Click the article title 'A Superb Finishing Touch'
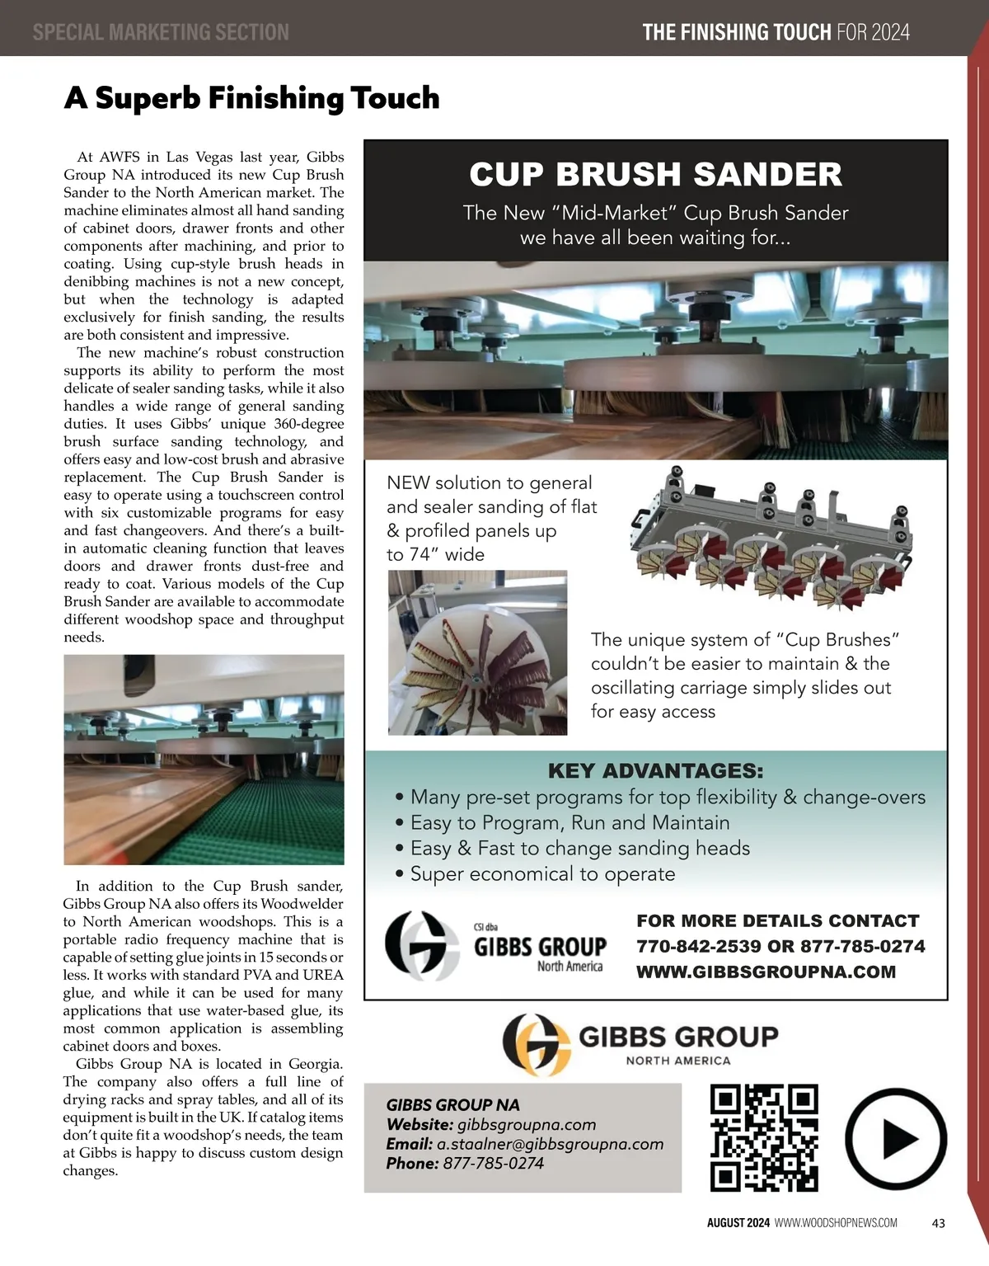point(251,98)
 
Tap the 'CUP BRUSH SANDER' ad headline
point(655,175)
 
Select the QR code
point(764,1138)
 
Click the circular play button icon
point(896,1139)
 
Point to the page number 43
point(938,1223)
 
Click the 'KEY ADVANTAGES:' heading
point(655,771)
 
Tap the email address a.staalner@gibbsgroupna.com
point(550,1144)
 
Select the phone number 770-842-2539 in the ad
point(699,946)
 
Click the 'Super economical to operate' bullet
point(542,874)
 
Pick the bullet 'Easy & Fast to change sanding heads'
point(579,849)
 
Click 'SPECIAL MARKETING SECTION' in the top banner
point(161,32)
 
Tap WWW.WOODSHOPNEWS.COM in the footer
point(836,1223)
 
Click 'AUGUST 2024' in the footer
point(738,1223)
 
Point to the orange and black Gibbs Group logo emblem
point(536,1044)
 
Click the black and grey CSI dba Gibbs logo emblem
point(422,945)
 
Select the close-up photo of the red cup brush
point(477,652)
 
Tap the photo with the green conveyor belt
point(204,759)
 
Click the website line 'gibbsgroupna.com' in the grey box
point(526,1125)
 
